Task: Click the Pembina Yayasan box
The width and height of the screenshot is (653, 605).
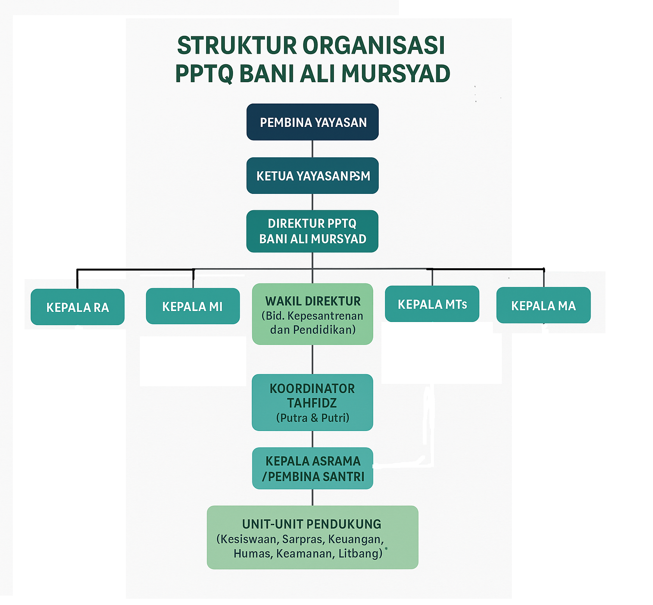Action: [312, 122]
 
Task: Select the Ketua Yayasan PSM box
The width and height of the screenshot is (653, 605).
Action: [312, 176]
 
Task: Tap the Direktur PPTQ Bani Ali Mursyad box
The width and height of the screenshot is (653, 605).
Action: [312, 231]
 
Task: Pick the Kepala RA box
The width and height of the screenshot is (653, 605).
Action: [78, 307]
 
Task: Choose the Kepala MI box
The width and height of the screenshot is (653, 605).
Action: [192, 306]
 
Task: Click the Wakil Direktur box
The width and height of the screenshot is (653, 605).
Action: [312, 314]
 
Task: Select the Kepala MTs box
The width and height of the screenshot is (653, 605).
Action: [432, 304]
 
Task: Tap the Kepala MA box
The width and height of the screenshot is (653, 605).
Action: [543, 306]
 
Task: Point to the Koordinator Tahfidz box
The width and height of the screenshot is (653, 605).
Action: [312, 403]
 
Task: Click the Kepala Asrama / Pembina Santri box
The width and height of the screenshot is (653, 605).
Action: [312, 468]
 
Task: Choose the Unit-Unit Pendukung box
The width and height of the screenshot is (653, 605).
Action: [312, 538]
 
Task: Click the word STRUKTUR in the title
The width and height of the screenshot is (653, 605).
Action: [237, 46]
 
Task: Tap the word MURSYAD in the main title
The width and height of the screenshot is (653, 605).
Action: [396, 74]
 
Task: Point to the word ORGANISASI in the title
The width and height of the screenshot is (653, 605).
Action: [374, 46]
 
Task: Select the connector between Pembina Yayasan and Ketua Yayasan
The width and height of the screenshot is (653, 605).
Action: [312, 149]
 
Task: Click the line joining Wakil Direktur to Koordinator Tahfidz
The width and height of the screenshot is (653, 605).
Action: [312, 359]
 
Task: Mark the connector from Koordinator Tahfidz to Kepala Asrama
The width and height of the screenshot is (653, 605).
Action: [312, 439]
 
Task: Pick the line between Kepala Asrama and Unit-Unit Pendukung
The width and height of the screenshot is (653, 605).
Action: [312, 498]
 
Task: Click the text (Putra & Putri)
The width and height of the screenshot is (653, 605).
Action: [312, 418]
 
